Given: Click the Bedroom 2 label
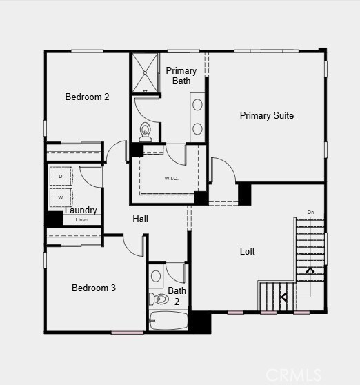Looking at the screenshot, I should [87, 97].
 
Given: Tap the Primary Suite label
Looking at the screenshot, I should [266, 115].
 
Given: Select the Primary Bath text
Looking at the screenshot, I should [181, 76].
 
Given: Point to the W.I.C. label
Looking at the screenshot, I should [171, 179].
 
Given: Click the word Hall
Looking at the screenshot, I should [141, 219].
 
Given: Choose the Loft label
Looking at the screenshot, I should [247, 252].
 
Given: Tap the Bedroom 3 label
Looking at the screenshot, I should [94, 288].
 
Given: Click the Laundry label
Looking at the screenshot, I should [81, 210].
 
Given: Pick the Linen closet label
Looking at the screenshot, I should [82, 220].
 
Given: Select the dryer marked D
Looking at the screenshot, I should [61, 177].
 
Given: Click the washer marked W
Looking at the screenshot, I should [61, 197].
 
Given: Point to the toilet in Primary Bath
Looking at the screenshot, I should [146, 130].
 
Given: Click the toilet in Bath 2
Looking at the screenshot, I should [159, 299].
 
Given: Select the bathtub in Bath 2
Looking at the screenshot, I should [169, 321].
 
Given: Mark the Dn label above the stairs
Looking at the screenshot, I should [310, 212].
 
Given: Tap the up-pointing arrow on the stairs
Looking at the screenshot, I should [310, 272].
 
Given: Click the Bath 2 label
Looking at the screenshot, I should [177, 296].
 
